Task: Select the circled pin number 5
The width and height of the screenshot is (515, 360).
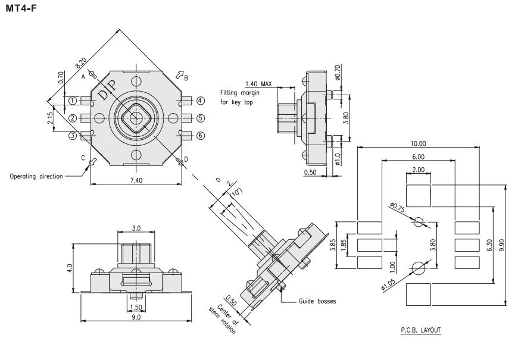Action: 201,118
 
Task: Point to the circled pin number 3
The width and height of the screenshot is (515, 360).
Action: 72,136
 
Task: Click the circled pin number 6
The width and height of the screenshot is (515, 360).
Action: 201,136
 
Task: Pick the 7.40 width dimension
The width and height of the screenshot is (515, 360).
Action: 138,179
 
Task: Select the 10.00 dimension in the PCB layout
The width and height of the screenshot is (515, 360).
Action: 419,143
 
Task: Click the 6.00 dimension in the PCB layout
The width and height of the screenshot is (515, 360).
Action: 419,156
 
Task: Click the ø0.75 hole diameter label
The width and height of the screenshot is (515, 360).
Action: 398,206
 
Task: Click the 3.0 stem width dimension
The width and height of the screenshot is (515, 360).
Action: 136,228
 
